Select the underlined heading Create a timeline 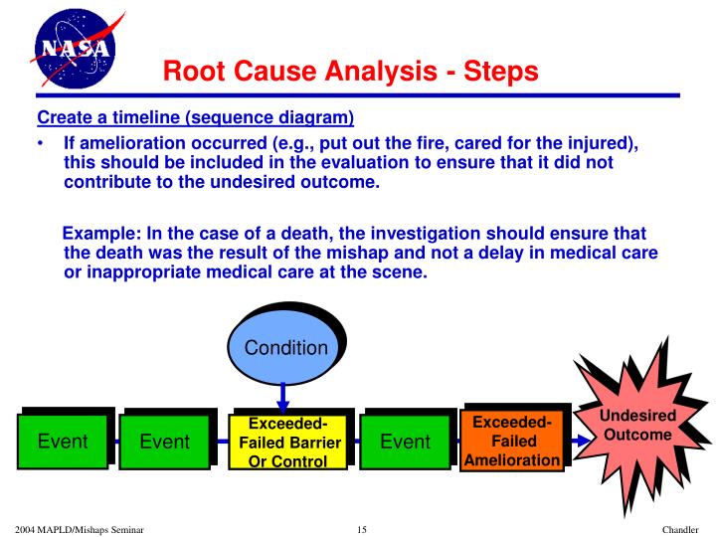coord(196,117)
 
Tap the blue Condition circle coord(286,348)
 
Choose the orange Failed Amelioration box coord(513,440)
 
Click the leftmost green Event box coord(63,442)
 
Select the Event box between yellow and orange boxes coord(405,442)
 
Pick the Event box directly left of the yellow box coord(164,442)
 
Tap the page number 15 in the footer coord(361,528)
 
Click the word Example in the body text coord(101,234)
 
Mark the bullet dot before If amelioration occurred coord(40,144)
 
